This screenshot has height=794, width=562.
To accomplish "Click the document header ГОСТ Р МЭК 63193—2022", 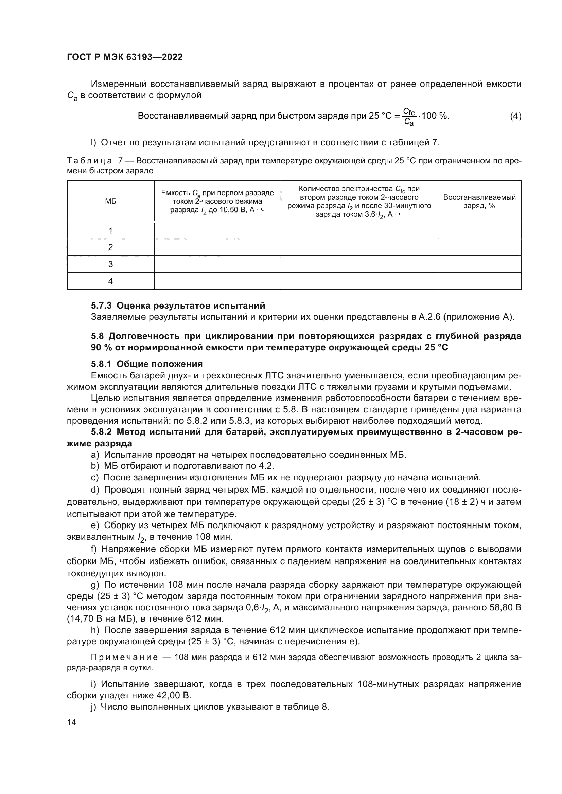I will click(125, 57).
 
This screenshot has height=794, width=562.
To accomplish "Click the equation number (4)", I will click(515, 116).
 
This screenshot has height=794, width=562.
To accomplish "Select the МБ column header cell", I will click(110, 201).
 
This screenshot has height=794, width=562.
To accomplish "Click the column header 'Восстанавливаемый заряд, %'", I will click(479, 201).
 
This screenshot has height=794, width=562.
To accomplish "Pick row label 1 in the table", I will click(110, 230).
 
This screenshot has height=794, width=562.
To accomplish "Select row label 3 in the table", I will click(110, 264).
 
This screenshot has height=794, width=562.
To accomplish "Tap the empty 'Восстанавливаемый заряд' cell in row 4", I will click(479, 281).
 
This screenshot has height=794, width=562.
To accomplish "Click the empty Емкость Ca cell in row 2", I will click(217, 247).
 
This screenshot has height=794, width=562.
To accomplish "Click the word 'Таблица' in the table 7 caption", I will click(89, 161).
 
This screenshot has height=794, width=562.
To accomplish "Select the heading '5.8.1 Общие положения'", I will click(147, 364).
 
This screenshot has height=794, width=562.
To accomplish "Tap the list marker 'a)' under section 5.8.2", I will click(95, 455).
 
